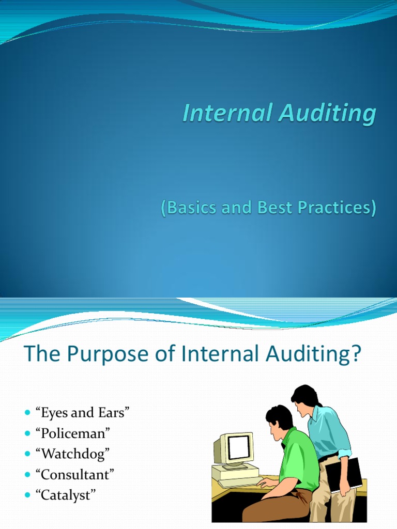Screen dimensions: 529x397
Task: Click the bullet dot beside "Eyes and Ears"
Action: coord(27,413)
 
